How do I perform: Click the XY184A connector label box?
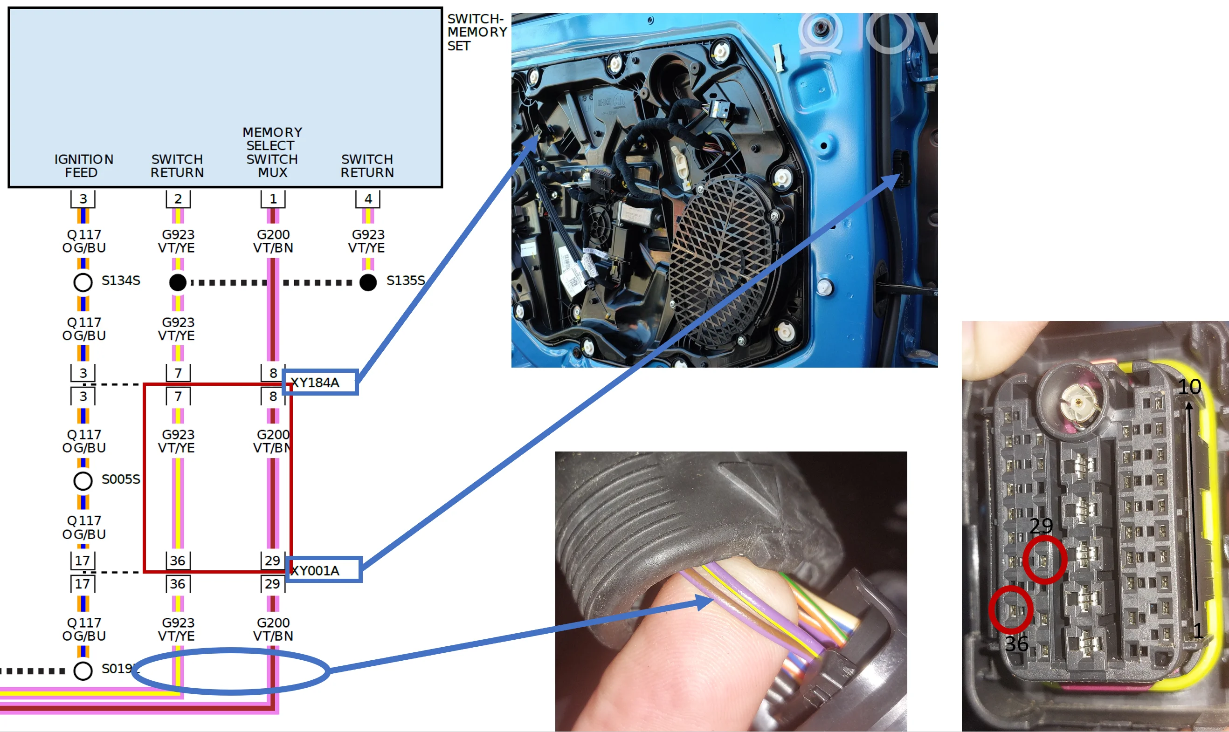[x=320, y=382]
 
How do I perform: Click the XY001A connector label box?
[x=324, y=570]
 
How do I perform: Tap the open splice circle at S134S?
[x=83, y=282]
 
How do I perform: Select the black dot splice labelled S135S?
[x=368, y=282]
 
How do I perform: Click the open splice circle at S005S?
[x=83, y=480]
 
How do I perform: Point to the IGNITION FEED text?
[x=83, y=166]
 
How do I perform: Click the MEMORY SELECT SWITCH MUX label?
[x=272, y=152]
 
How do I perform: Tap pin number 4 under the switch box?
[x=368, y=199]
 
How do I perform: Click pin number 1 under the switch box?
[x=273, y=199]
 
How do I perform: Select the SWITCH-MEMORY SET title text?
[x=476, y=32]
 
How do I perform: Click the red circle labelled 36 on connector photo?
[x=1011, y=609]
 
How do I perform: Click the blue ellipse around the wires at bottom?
[x=231, y=671]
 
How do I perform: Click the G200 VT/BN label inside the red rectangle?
[x=273, y=441]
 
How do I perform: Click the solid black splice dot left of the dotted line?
[x=178, y=282]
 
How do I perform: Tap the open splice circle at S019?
[x=83, y=670]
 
